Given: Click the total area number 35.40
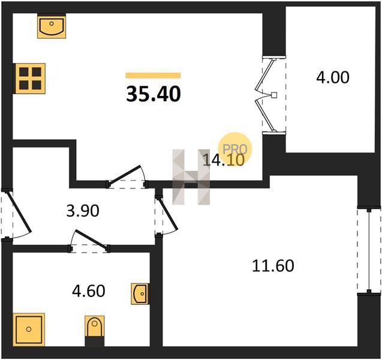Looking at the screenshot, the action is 154,94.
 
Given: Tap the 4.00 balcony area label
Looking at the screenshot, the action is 333,77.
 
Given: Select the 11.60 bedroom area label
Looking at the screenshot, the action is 273,266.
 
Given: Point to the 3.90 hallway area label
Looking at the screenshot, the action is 83,211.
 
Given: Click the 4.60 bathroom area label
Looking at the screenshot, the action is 89,291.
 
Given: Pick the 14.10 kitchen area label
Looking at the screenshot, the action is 224,160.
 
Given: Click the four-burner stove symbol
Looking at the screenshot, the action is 30,79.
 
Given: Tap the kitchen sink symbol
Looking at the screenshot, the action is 52,26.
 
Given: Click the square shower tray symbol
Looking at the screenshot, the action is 29,329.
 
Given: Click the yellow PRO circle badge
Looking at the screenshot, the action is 234,149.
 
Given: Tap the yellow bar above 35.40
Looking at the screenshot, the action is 154,76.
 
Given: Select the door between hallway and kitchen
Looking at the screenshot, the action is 124,174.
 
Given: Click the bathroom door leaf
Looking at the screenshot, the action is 92,239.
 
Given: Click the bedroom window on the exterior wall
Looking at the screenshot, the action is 369,251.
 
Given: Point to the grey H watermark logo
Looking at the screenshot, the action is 191,177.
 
